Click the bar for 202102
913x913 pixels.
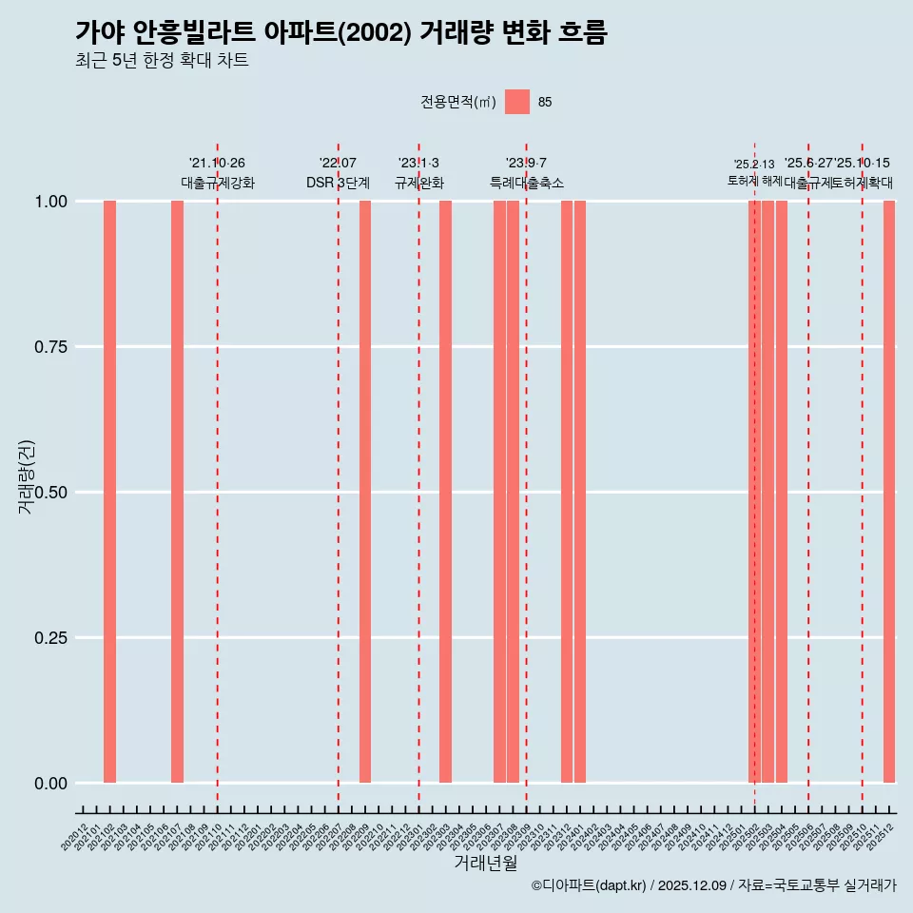[x=109, y=492]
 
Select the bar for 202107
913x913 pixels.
[x=177, y=492]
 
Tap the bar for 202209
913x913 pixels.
[x=365, y=492]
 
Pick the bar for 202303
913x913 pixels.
[x=445, y=492]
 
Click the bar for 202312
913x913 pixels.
[x=567, y=492]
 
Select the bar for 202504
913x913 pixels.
[x=782, y=492]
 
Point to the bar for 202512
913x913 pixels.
[x=889, y=492]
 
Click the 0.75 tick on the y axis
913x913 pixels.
[x=50, y=347]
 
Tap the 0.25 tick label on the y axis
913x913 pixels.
[x=50, y=638]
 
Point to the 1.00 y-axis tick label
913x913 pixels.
[x=50, y=202]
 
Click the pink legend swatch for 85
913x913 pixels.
[x=517, y=102]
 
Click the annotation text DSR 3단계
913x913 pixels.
[x=338, y=183]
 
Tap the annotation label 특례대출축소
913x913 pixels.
[x=527, y=183]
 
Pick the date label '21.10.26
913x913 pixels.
[x=218, y=163]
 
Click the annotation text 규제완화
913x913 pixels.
[x=419, y=183]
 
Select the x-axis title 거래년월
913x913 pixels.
[x=486, y=863]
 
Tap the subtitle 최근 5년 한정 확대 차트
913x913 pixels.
[x=162, y=61]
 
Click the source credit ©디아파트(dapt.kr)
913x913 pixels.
[x=589, y=885]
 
